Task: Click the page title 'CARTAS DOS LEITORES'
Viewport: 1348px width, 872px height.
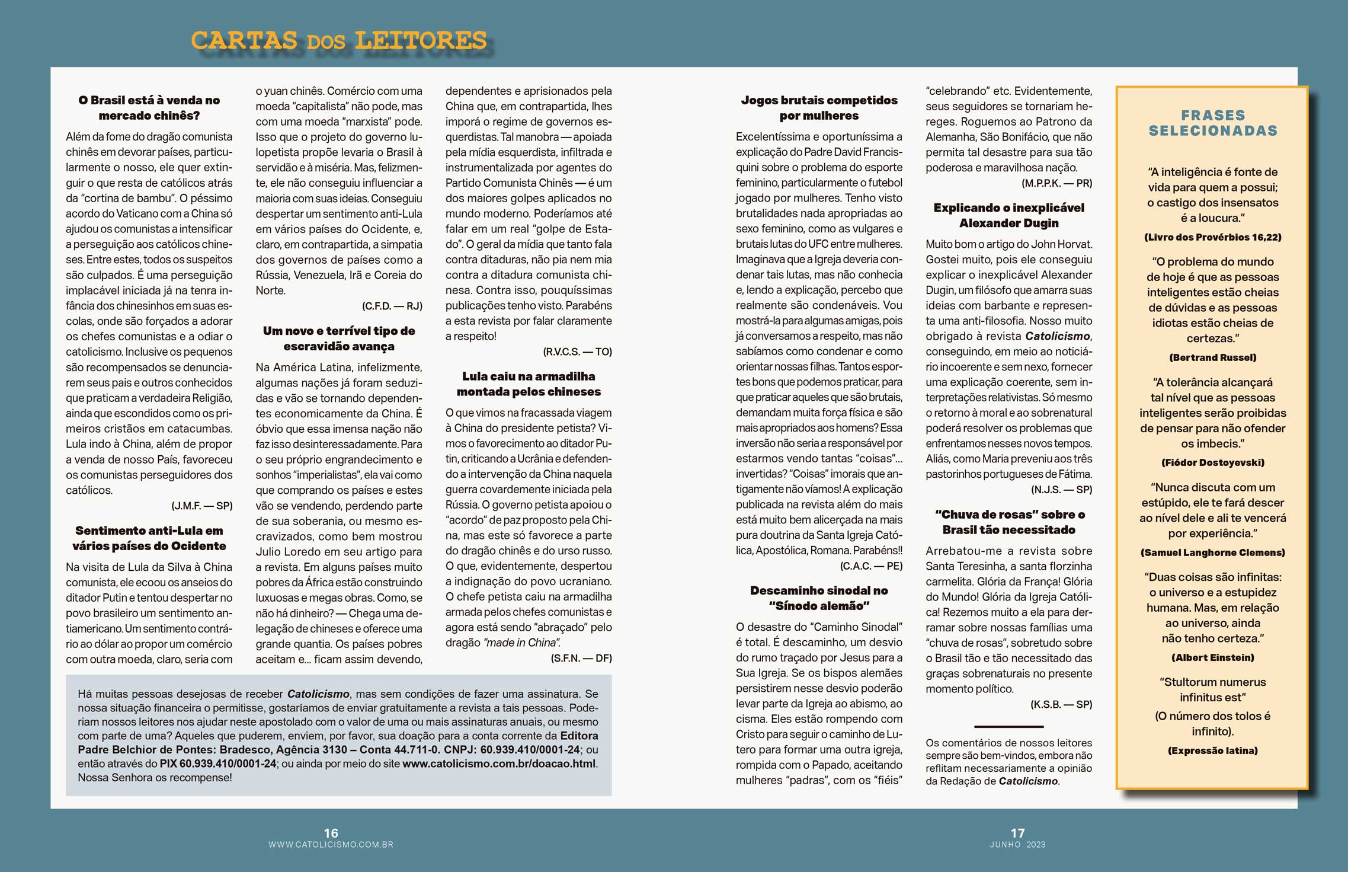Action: (338, 40)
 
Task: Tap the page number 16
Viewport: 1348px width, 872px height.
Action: (331, 833)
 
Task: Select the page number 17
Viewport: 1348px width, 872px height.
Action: (1017, 833)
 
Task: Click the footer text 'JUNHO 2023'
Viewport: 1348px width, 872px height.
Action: (1017, 845)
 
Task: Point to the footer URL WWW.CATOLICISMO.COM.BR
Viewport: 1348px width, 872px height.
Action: (331, 845)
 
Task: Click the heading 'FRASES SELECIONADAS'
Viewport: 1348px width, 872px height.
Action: (1213, 123)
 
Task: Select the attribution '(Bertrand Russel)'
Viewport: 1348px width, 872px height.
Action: (1212, 357)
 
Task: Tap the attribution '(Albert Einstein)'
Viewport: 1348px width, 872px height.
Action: (1212, 657)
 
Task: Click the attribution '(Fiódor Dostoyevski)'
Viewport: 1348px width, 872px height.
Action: (1212, 462)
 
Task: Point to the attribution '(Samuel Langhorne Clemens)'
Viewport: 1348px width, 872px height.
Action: (1212, 552)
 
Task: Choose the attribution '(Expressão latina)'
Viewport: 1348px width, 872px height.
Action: (1212, 750)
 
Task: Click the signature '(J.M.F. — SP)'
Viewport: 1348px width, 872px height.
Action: (202, 506)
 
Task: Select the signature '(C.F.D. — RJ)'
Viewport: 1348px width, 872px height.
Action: (392, 306)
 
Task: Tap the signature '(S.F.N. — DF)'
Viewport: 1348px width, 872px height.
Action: (581, 658)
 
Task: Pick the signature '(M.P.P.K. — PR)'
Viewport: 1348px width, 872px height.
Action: (1056, 183)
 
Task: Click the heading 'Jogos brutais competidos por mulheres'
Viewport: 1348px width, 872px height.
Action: (819, 108)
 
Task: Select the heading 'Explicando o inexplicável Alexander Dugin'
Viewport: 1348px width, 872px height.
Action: (1008, 215)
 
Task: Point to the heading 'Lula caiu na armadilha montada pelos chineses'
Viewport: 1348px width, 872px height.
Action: (529, 384)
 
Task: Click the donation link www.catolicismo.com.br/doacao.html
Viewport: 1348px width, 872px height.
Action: (499, 764)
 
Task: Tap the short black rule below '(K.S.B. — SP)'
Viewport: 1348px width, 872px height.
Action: (1008, 726)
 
